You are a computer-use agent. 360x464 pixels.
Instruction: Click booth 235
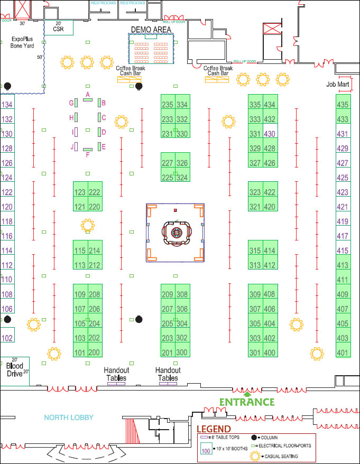[x=168, y=105]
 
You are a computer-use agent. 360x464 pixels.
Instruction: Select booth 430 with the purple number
[x=270, y=134]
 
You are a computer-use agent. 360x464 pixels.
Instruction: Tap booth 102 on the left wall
[x=7, y=338]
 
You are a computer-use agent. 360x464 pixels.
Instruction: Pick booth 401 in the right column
[x=343, y=352]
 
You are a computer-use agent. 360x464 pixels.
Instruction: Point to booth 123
[x=80, y=192]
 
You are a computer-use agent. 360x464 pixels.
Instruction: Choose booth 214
[x=95, y=250]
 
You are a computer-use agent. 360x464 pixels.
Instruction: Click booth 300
[x=182, y=352]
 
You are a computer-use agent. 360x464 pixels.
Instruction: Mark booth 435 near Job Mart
[x=343, y=105]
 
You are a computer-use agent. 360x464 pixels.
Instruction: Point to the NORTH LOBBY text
[x=69, y=417]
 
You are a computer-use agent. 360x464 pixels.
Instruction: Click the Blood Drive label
[x=14, y=369]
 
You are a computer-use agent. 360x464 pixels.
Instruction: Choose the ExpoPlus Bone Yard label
[x=22, y=42]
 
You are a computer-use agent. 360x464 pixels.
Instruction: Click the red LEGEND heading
[x=214, y=429]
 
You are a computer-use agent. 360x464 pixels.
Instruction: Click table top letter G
[x=71, y=103]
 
